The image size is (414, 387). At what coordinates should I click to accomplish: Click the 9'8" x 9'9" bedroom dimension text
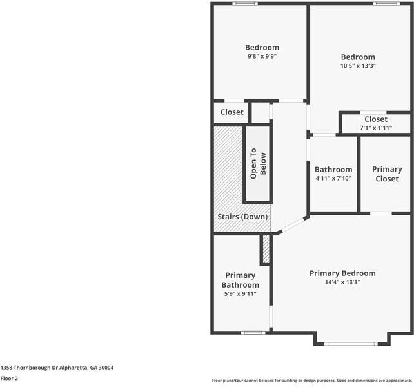coord(262,56)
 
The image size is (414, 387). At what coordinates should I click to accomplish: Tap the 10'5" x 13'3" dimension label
coord(358,66)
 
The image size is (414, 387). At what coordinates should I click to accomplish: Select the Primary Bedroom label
coord(342,273)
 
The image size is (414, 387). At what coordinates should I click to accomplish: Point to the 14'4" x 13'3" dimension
coord(342,282)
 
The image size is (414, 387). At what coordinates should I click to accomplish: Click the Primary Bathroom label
coord(241,281)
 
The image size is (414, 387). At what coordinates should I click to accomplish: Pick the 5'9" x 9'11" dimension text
coord(241,293)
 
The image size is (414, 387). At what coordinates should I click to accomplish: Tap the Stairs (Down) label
coord(242,217)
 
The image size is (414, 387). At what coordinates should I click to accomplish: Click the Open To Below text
coord(258,164)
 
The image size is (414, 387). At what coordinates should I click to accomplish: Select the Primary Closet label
coord(387,174)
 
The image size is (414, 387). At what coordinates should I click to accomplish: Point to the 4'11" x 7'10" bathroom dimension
coord(333,178)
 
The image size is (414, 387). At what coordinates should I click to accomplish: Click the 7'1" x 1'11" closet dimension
coord(376,128)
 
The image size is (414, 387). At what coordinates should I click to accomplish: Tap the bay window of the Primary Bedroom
coord(351,344)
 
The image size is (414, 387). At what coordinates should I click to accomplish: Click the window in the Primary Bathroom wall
coord(253,333)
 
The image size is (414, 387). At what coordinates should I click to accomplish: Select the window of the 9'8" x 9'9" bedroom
coord(245,4)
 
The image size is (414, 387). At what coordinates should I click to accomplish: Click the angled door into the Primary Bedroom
coord(293,224)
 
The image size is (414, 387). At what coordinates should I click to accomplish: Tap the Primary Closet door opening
coord(380,213)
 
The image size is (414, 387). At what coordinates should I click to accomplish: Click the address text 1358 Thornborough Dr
coord(29,368)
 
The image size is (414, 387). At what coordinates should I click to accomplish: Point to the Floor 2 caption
coord(9,378)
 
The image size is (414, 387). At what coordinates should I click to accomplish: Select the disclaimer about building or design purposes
coord(312,381)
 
